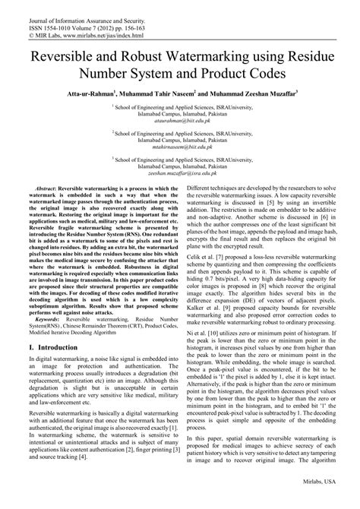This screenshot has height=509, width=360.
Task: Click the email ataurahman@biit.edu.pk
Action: [x=179, y=121]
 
